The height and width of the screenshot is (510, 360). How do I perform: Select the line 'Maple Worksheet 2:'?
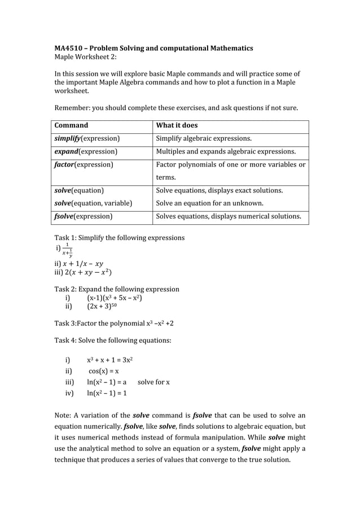[x=85, y=58]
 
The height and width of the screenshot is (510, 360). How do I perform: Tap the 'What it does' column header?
[x=177, y=125]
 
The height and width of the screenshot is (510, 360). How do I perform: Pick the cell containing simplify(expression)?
[x=87, y=138]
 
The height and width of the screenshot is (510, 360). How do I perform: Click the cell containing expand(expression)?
[x=86, y=151]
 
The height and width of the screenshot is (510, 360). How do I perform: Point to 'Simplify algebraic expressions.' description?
[x=204, y=138]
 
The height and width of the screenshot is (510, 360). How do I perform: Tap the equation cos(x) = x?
[x=103, y=371]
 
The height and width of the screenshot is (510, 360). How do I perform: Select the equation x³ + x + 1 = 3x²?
[x=110, y=360]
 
